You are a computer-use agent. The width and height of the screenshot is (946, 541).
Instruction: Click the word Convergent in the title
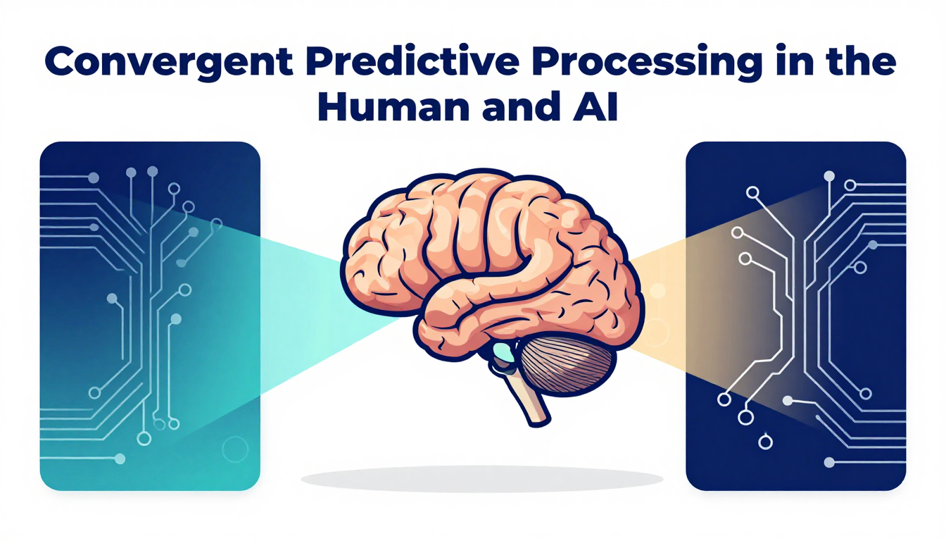point(169,62)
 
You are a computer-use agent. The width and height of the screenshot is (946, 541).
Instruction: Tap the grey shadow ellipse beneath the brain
point(482,479)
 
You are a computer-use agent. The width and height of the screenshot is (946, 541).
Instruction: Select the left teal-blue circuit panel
point(150,316)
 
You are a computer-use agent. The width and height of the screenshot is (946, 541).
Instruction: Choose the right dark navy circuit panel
point(795,316)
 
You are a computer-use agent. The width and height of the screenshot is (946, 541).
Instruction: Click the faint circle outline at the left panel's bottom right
point(235,449)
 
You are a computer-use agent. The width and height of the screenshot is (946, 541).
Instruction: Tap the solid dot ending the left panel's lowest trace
point(120,459)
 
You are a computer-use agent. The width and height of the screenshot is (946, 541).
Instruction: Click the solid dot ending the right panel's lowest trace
point(829,462)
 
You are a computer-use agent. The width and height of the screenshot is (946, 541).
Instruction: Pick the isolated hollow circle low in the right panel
point(765,442)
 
